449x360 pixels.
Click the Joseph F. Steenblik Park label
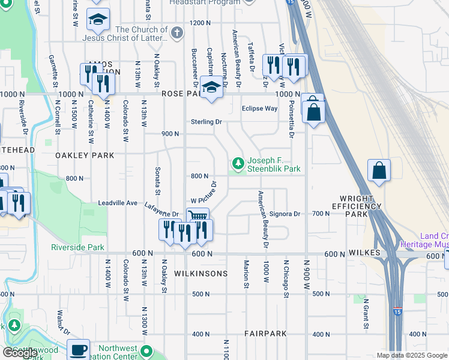274,165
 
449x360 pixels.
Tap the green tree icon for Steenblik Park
238,163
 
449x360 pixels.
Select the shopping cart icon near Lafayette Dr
197,217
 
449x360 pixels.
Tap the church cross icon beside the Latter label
176,34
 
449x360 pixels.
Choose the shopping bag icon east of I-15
379,170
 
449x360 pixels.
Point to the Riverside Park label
77,247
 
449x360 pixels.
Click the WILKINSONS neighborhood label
200,274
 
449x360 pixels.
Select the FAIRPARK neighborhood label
265,333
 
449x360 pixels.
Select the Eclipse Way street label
259,109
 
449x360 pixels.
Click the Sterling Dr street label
206,122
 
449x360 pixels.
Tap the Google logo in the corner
20,353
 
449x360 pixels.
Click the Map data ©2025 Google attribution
411,355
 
